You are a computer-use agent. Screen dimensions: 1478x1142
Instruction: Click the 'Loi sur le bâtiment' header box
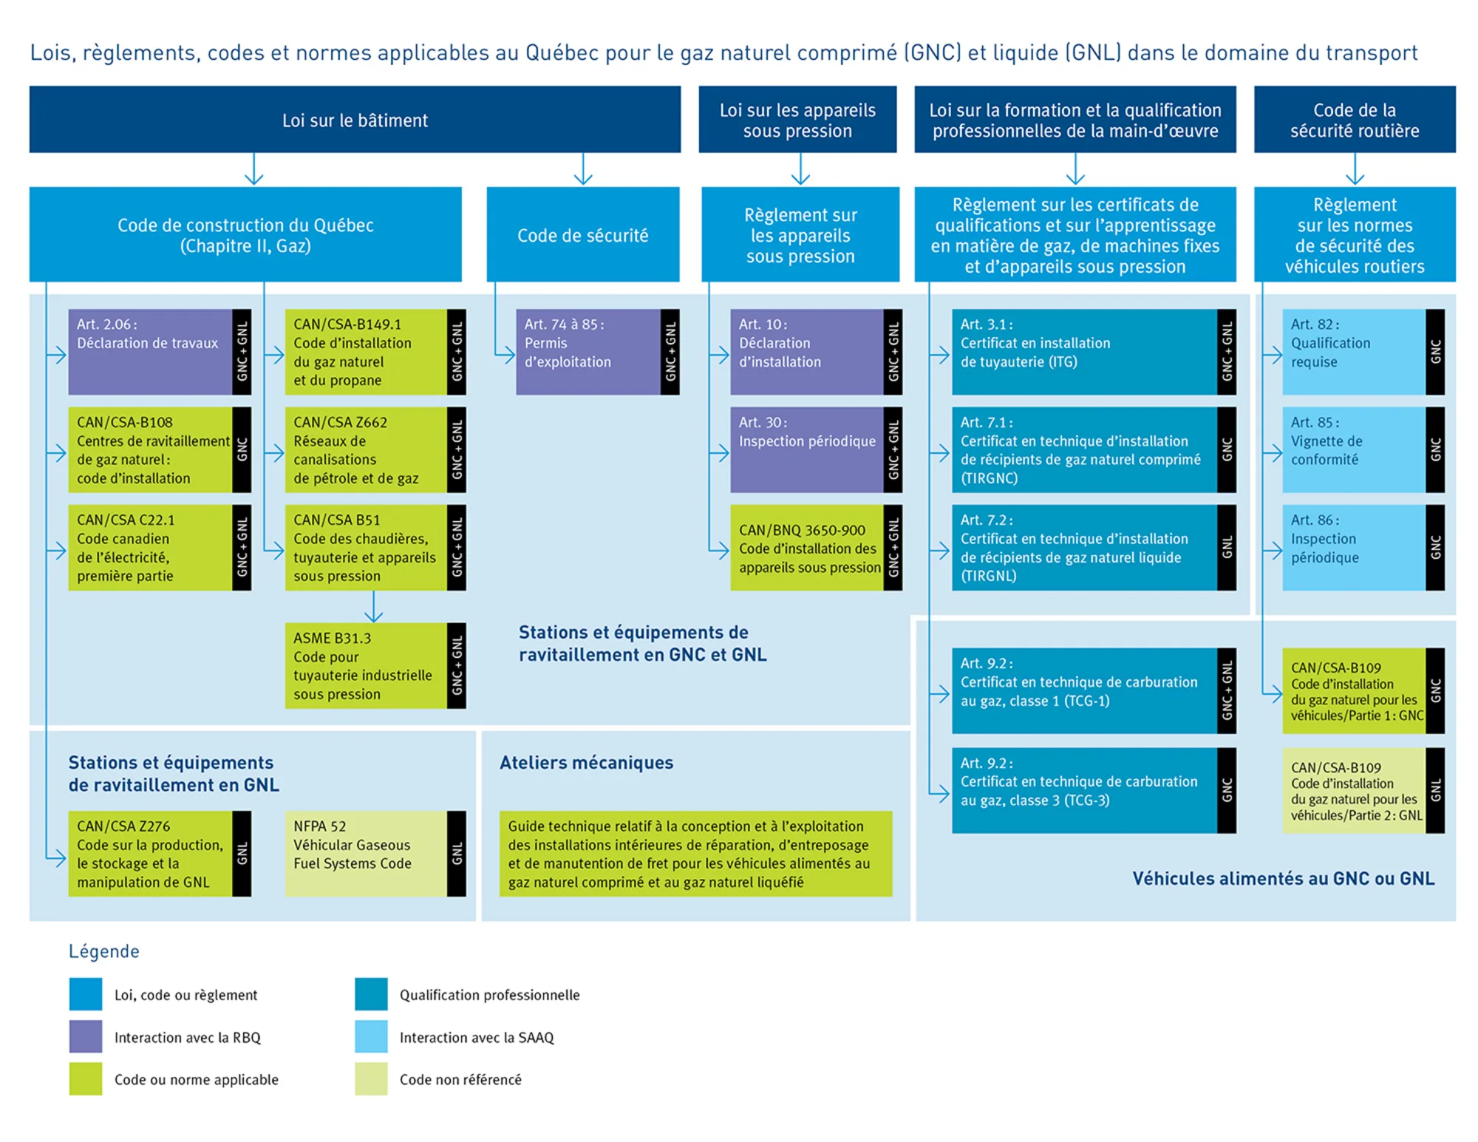point(355,120)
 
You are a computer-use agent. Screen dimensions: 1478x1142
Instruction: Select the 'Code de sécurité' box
point(583,234)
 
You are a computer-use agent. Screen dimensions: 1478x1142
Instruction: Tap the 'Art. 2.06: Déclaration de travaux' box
point(160,352)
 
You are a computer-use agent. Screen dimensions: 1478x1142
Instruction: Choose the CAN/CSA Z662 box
point(375,449)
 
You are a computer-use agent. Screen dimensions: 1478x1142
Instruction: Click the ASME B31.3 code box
point(375,665)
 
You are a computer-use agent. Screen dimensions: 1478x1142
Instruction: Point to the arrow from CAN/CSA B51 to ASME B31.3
point(374,606)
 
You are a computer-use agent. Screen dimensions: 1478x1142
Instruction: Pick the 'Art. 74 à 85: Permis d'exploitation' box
point(597,352)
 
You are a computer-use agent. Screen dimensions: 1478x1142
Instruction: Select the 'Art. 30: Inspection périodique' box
point(816,449)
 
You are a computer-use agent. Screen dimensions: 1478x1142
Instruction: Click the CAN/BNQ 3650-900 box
point(816,548)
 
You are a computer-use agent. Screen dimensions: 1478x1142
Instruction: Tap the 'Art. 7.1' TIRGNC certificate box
point(1094,449)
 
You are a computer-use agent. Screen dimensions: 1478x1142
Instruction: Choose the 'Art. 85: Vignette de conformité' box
point(1363,449)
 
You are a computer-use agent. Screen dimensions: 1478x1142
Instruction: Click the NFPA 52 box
point(375,854)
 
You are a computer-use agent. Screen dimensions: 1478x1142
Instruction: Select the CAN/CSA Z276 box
point(160,854)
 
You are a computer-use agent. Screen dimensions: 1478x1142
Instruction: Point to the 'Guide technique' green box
point(695,854)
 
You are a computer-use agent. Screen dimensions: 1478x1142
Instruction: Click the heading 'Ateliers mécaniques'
point(586,763)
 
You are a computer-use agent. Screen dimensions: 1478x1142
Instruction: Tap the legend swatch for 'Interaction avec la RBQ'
point(86,1036)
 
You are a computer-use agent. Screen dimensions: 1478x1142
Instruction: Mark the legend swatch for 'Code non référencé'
point(371,1078)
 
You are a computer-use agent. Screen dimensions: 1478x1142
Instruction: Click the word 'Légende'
point(104,951)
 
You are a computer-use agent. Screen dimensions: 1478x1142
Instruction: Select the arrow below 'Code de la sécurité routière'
point(1355,169)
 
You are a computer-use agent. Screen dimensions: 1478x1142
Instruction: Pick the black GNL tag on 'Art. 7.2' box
point(1227,548)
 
